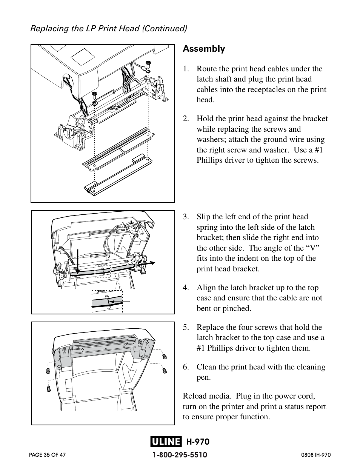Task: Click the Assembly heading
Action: (x=204, y=49)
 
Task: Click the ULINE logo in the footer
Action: (x=166, y=442)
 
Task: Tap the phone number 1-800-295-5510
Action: (x=180, y=455)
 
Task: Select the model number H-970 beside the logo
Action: (x=198, y=442)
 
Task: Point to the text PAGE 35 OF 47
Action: (x=47, y=455)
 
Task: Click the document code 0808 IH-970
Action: (x=315, y=455)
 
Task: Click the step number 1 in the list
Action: (x=185, y=69)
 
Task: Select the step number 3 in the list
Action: (x=185, y=217)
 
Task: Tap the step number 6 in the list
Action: (x=185, y=367)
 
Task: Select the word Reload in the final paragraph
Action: (x=195, y=396)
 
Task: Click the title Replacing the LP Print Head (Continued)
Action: (x=109, y=29)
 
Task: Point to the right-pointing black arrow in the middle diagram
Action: (x=149, y=262)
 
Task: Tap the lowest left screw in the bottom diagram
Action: (x=49, y=388)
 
